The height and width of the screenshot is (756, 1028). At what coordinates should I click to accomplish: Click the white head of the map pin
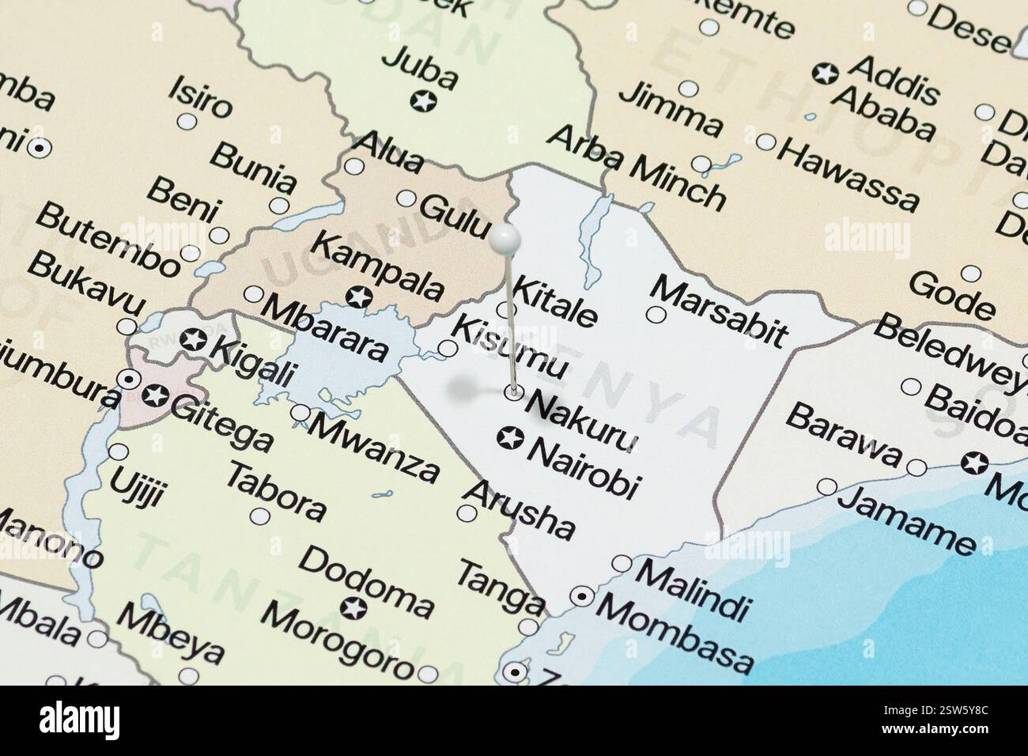pyautogui.click(x=505, y=236)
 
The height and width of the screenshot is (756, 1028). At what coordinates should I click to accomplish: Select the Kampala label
pyautogui.click(x=378, y=265)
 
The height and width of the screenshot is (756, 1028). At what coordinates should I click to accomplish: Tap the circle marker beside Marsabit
pyautogui.click(x=656, y=314)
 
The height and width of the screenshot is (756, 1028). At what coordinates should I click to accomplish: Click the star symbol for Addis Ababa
pyautogui.click(x=826, y=74)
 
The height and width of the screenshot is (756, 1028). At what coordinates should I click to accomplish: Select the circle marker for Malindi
pyautogui.click(x=622, y=564)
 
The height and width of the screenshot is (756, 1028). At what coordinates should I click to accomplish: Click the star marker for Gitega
pyautogui.click(x=157, y=395)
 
